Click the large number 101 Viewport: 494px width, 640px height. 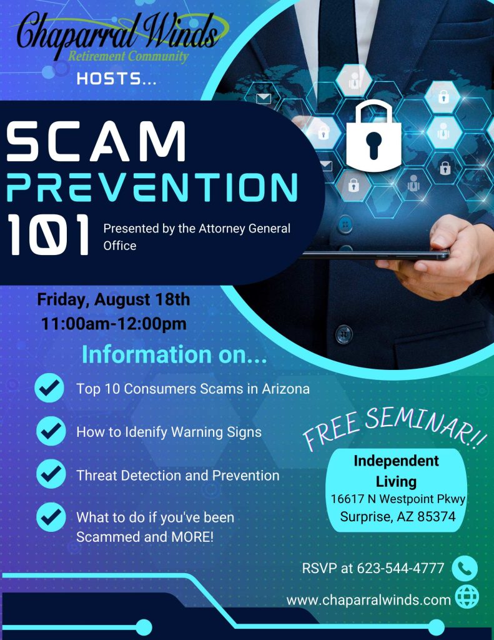pos(48,236)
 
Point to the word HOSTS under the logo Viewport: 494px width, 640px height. pos(117,79)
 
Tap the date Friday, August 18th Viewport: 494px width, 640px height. pos(114,299)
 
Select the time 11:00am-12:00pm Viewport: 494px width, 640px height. pos(114,324)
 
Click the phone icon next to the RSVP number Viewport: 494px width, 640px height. pos(464,568)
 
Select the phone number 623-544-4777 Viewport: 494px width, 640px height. pos(400,568)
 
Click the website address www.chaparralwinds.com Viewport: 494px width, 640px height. pos(368,600)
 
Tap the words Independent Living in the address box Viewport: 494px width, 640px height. pos(396,471)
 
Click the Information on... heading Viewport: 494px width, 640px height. pos(174,354)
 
